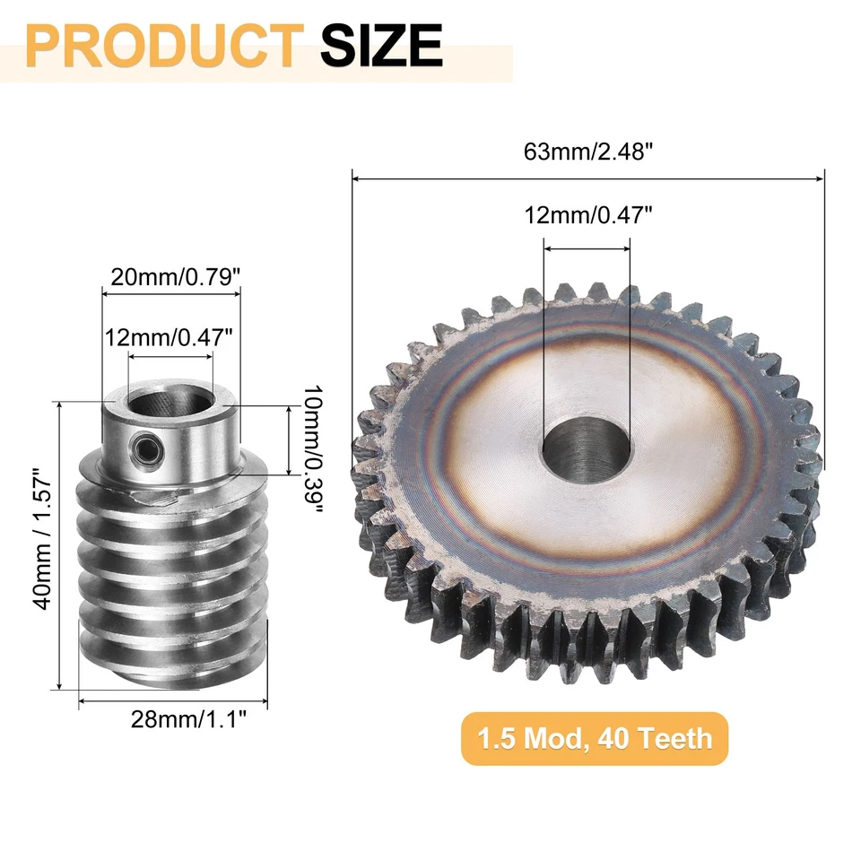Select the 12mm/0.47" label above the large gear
tap(588, 214)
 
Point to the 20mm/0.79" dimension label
tap(170, 276)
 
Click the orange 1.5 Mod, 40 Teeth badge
tap(595, 739)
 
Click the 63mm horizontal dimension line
tap(588, 178)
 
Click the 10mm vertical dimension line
tap(288, 439)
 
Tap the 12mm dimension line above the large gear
tap(587, 248)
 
